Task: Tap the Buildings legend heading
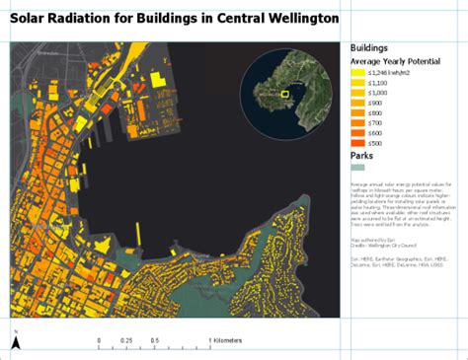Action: [368, 47]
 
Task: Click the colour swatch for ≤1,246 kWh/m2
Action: [357, 72]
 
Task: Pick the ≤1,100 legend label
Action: [376, 84]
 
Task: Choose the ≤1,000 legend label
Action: [376, 96]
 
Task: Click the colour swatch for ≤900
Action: [357, 108]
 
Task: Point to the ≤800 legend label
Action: [374, 119]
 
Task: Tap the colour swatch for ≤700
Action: [357, 131]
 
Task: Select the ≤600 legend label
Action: [374, 143]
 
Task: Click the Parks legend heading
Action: [362, 156]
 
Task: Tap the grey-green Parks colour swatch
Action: [357, 169]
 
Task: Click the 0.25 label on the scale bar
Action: [126, 340]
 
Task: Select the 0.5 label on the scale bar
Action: [155, 340]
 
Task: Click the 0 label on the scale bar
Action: [99, 340]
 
